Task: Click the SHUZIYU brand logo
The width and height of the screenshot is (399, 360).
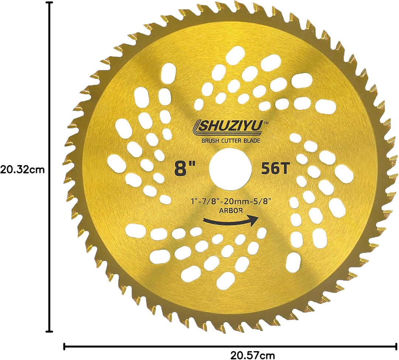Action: [x=228, y=126]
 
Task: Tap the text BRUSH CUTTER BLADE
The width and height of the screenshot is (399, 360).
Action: [x=231, y=140]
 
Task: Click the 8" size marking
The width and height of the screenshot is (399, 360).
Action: [x=185, y=168]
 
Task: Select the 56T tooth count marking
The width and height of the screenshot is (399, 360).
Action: [x=276, y=168]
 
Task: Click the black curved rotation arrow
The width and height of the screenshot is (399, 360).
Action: [x=231, y=221]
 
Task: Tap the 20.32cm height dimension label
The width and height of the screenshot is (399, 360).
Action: [x=22, y=169]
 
